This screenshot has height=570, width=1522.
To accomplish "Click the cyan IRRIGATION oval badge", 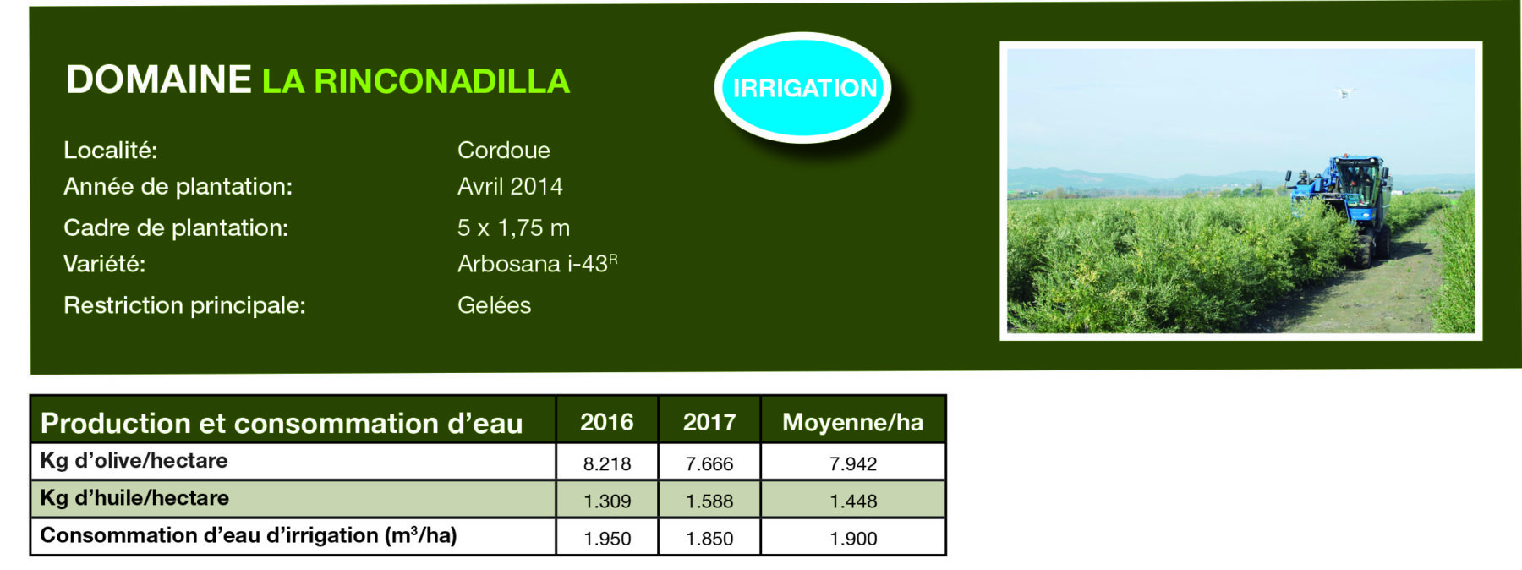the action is (803, 88).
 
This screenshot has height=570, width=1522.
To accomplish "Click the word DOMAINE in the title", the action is (159, 80).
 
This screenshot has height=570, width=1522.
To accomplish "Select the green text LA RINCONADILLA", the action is (416, 81).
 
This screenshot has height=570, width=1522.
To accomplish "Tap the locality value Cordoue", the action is (504, 151).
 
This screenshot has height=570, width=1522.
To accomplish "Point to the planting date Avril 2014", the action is (510, 186).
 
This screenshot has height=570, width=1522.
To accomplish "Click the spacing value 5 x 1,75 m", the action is (513, 227).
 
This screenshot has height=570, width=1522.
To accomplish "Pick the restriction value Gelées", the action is (495, 305).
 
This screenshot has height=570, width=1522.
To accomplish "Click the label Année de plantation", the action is (178, 187).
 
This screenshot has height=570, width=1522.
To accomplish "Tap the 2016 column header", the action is (607, 421).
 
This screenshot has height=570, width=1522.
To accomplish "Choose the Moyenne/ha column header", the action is (853, 421).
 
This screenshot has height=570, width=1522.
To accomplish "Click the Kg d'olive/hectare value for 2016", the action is (607, 463).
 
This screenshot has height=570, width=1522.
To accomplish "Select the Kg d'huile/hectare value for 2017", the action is (709, 501).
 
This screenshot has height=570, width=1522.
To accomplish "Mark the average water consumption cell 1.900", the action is (853, 538).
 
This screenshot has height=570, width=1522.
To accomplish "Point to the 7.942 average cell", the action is (853, 463).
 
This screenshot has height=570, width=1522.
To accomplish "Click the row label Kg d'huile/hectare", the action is (134, 498).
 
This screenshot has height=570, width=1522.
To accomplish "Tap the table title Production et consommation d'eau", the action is (282, 423).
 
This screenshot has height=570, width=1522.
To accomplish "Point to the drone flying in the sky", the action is (1344, 92).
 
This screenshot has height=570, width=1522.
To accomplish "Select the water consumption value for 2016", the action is (607, 538).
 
